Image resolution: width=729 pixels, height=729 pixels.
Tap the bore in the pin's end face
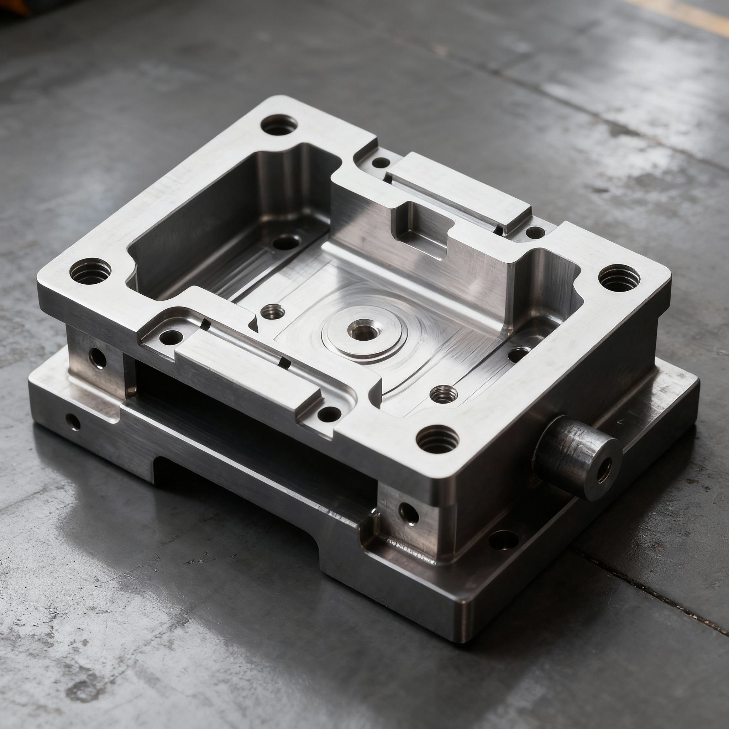tap(604, 472)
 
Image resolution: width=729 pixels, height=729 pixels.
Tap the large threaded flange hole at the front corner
tap(438, 439)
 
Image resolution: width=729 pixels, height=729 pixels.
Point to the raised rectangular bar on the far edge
tap(458, 193)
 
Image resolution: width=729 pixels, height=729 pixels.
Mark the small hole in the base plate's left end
tap(73, 422)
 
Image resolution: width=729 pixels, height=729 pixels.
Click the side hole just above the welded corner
tap(409, 514)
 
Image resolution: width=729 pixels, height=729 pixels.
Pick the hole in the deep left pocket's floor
tap(285, 243)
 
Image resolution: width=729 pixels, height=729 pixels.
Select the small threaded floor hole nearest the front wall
tap(444, 394)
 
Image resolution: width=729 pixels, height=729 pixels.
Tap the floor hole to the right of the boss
tap(519, 354)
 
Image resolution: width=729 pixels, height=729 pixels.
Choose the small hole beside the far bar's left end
tap(381, 163)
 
